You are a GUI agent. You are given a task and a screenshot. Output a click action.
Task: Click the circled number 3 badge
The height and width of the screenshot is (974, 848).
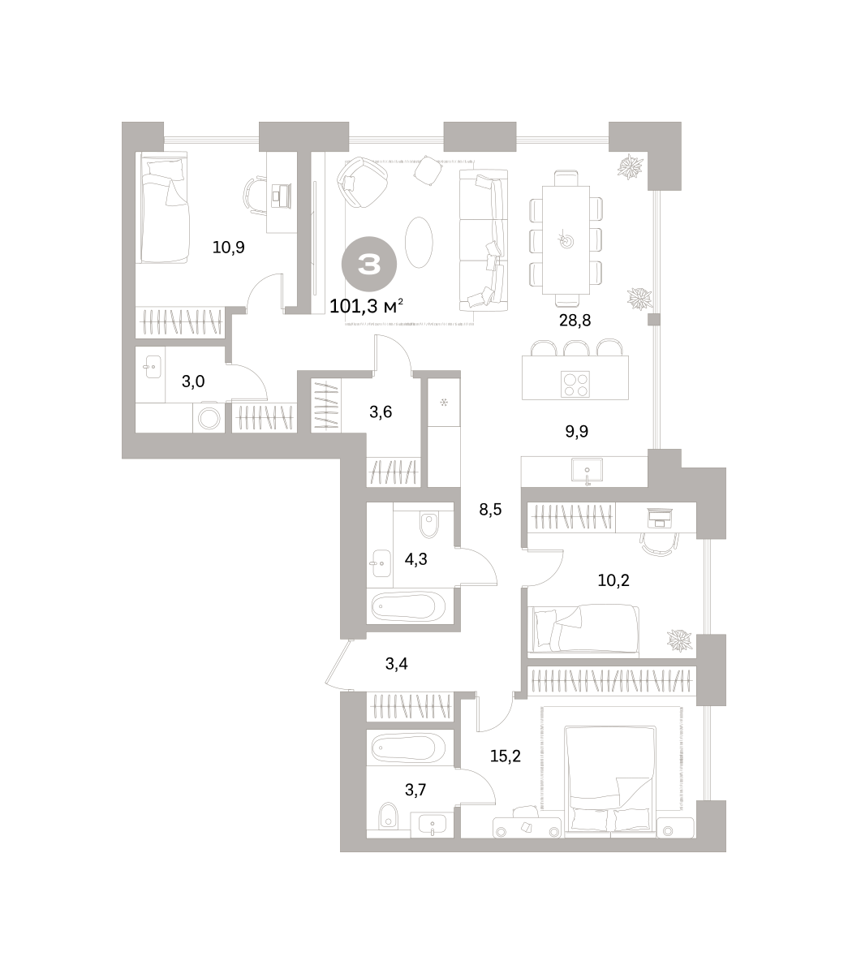point(368,264)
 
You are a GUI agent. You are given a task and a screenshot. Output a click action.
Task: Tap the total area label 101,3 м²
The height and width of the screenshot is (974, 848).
point(367,306)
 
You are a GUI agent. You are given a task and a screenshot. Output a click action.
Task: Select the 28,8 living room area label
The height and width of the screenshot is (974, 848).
point(575,321)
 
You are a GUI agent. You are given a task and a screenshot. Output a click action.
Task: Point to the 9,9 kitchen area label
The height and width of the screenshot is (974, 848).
point(576,431)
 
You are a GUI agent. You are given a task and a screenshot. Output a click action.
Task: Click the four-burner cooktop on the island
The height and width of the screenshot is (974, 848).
point(575,384)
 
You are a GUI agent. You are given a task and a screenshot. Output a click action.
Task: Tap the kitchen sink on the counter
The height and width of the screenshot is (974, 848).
point(587,470)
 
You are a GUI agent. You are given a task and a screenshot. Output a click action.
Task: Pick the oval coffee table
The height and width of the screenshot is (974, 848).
point(419,242)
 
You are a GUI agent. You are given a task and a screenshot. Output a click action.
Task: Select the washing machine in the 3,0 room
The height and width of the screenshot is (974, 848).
point(209,418)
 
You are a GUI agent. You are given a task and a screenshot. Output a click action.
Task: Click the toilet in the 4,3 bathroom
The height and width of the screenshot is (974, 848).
point(428,524)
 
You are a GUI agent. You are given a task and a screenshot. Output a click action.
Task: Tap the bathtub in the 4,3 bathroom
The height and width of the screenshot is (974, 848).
point(408,606)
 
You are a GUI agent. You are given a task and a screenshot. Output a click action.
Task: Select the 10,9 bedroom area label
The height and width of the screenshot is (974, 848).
point(228,247)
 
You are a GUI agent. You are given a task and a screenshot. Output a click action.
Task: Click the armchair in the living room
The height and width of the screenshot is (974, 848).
point(362,183)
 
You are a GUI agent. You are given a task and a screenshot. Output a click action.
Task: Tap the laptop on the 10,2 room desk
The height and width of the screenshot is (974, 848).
point(660,518)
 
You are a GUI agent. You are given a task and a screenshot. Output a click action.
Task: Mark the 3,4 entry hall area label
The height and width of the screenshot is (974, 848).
point(396,663)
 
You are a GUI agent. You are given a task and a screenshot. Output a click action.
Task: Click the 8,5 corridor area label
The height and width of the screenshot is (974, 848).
point(490,510)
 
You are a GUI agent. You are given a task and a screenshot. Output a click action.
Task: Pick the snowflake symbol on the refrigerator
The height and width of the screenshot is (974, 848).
point(444,403)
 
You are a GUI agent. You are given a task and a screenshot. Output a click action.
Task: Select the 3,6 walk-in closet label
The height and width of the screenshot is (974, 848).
point(381,412)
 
